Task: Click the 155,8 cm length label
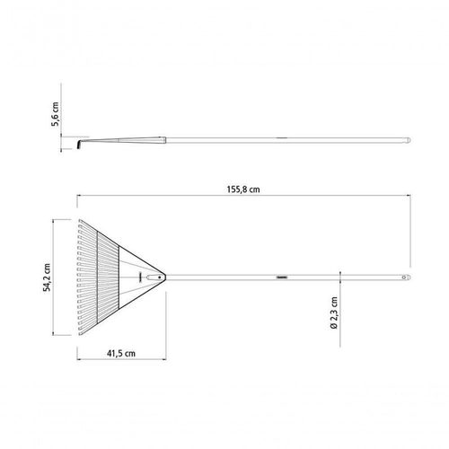click(243, 189)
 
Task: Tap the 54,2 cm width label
click(47, 277)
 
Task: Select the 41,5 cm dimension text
click(121, 354)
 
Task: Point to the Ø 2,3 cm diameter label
click(334, 313)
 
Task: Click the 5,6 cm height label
click(55, 114)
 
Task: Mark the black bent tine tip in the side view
click(79, 145)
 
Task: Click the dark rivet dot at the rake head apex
click(160, 277)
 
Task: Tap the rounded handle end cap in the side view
click(408, 140)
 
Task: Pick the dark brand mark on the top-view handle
click(282, 277)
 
